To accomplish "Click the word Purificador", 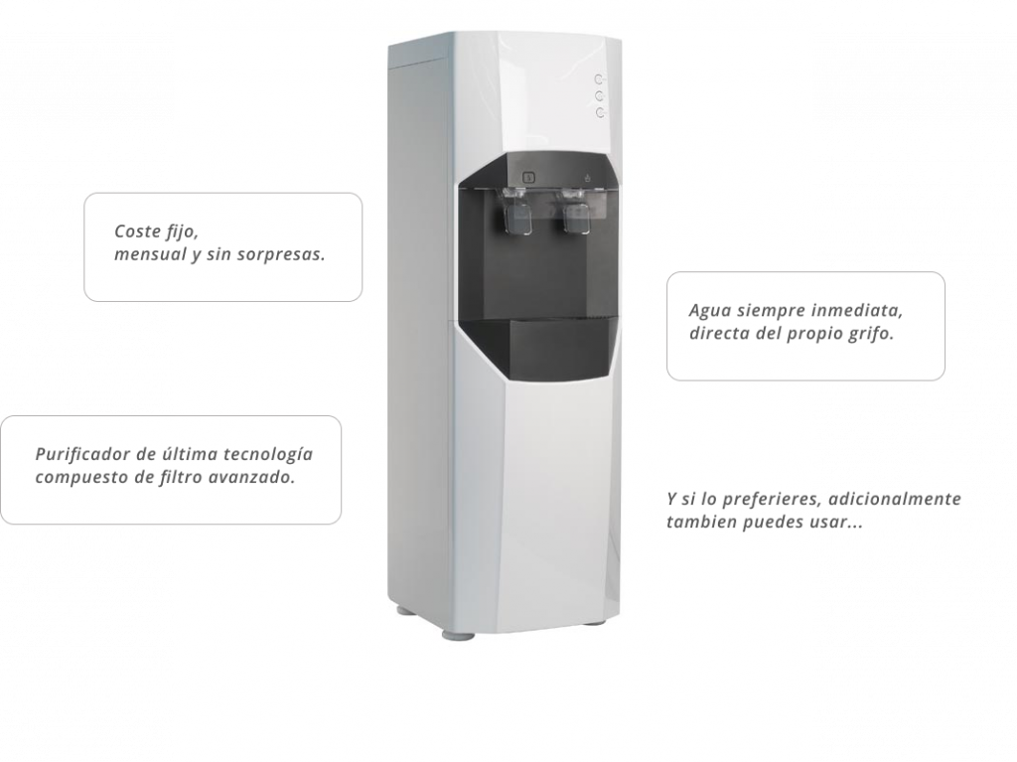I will tap(82, 454).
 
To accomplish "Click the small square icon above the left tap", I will tap(528, 178).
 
